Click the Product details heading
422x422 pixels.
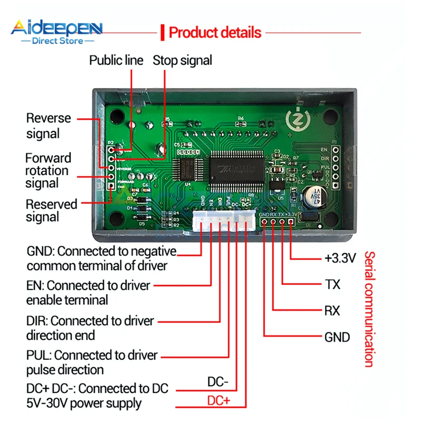coord(215,33)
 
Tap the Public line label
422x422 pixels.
coord(116,61)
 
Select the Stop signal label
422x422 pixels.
coord(183,61)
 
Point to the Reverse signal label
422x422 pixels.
coord(48,126)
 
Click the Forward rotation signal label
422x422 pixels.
coord(47,170)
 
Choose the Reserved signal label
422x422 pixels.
coord(51,210)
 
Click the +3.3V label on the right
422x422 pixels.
coord(340,258)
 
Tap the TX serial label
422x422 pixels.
coord(332,285)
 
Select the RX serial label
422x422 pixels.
coord(332,310)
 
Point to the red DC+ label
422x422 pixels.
coord(219,401)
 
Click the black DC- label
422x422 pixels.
coord(218,381)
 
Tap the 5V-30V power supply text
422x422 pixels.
coord(84,404)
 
